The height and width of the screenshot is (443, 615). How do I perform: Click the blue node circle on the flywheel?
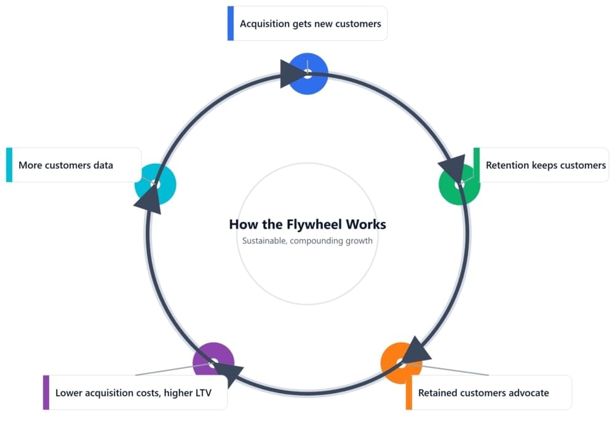click(x=309, y=74)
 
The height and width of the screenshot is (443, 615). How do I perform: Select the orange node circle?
click(x=401, y=363)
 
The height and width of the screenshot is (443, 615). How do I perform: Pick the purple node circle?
click(x=213, y=363)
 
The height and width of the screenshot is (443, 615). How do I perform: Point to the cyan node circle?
click(x=155, y=185)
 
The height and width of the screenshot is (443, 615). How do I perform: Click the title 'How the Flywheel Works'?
click(x=307, y=225)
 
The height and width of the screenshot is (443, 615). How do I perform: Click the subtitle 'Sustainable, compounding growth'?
click(x=307, y=241)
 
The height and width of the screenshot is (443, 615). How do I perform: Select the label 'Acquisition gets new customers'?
click(x=310, y=24)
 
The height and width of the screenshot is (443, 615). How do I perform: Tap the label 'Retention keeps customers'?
click(x=546, y=165)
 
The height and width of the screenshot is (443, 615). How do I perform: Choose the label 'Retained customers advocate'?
click(x=483, y=393)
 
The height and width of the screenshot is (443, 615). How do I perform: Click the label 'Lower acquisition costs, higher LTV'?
click(x=133, y=393)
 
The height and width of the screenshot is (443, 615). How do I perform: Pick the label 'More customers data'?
click(x=66, y=165)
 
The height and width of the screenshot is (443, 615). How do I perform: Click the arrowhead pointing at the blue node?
click(x=292, y=74)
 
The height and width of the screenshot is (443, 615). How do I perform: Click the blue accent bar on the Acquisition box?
click(x=231, y=23)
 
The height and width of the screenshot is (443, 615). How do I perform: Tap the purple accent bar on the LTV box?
click(x=46, y=393)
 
